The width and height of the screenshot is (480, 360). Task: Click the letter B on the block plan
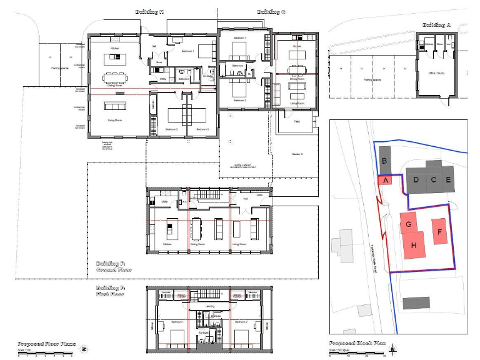385,161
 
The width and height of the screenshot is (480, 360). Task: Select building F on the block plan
440,232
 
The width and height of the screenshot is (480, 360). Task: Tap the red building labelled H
413,246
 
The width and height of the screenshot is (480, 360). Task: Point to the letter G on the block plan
409,224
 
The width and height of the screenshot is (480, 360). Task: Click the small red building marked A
386,181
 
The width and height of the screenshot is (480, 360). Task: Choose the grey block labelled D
416,179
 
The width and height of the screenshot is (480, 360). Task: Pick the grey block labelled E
448,179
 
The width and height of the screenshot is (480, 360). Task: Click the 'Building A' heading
436,25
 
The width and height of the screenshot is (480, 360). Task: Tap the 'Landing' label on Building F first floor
210,306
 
